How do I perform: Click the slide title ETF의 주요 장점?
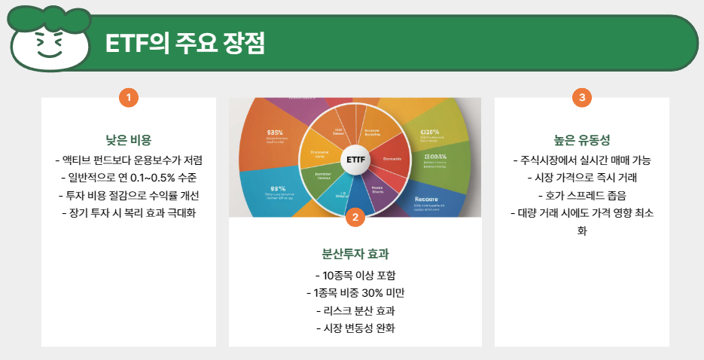(x=185, y=43)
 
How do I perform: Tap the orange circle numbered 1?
(x=129, y=97)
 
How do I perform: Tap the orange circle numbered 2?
(x=355, y=217)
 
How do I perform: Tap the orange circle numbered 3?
(x=581, y=97)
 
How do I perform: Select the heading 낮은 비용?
(x=129, y=140)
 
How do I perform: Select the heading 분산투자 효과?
(x=355, y=254)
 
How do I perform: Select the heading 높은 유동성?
(x=581, y=140)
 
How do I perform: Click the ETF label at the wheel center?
(x=355, y=160)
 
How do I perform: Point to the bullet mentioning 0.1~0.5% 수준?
(x=129, y=178)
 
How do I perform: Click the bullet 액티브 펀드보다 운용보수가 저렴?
(x=129, y=160)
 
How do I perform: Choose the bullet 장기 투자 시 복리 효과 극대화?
(x=129, y=212)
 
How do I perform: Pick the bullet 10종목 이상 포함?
(x=355, y=275)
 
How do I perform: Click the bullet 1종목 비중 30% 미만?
(x=355, y=293)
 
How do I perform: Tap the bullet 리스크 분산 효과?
(x=355, y=310)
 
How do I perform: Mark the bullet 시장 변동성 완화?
(x=355, y=328)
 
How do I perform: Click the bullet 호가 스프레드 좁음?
(x=581, y=195)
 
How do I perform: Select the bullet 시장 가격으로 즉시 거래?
(x=581, y=178)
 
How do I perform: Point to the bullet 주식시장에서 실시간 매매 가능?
(x=581, y=160)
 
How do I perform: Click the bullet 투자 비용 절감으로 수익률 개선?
(x=129, y=195)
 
